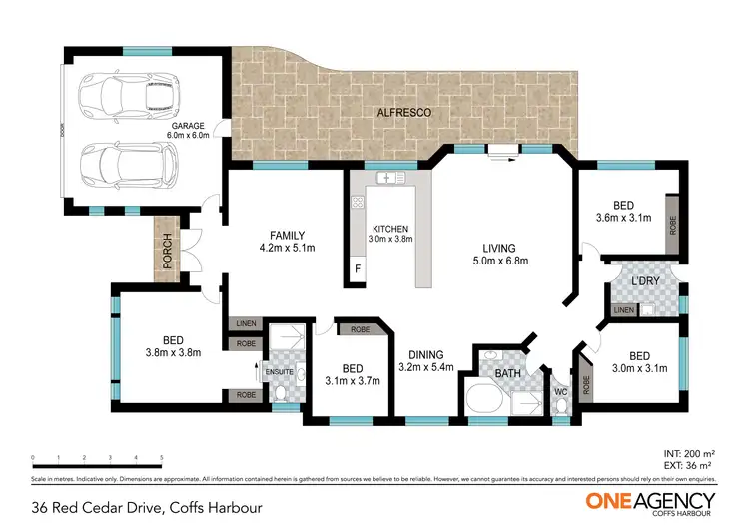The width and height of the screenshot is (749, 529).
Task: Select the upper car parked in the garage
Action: (128, 95)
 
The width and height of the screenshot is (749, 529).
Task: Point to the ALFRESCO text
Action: (404, 114)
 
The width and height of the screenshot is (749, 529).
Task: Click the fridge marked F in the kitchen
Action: (357, 269)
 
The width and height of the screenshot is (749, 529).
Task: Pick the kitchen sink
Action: (387, 178)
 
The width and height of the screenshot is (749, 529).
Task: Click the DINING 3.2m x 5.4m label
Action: (426, 360)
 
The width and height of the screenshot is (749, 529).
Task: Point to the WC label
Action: (560, 391)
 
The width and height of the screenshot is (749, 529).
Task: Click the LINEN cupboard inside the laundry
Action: (624, 310)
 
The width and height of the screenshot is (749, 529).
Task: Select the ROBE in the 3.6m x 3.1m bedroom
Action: (673, 226)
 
